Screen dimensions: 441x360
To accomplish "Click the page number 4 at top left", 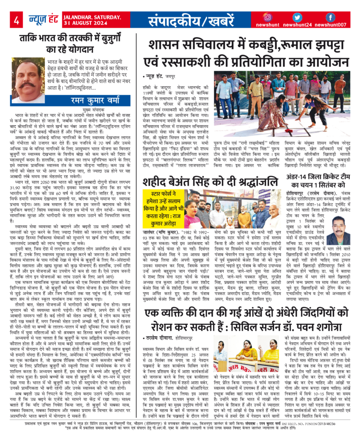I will pyautogui.click(x=16, y=21).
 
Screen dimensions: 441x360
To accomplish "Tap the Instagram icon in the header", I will pyautogui.click(x=268, y=17).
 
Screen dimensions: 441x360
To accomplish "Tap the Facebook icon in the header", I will pyautogui.click(x=330, y=17).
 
